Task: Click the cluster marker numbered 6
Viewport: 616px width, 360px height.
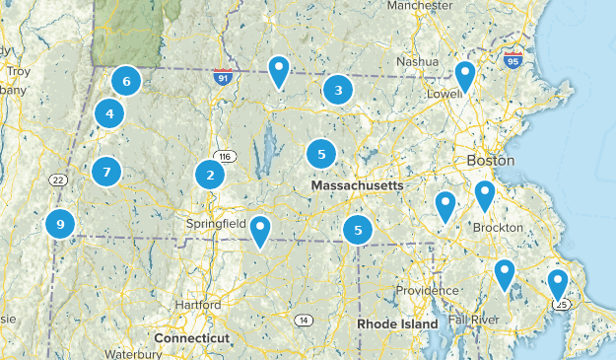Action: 126,81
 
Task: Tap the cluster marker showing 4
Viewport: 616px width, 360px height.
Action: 109,114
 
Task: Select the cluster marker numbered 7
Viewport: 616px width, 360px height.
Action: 106,172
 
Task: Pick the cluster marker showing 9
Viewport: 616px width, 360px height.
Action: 61,225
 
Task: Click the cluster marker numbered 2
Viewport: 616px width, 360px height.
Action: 210,176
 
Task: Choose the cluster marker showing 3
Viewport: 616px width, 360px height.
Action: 338,91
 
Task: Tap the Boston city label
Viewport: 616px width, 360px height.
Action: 492,161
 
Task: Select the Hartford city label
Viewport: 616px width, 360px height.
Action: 198,306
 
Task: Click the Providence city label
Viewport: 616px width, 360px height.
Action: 428,291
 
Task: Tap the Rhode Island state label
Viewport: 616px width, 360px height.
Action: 396,324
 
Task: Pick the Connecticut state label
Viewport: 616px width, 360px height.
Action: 192,337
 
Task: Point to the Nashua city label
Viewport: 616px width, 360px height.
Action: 417,61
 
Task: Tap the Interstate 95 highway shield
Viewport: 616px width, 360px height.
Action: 512,60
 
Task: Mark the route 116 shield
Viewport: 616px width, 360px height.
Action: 226,157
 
